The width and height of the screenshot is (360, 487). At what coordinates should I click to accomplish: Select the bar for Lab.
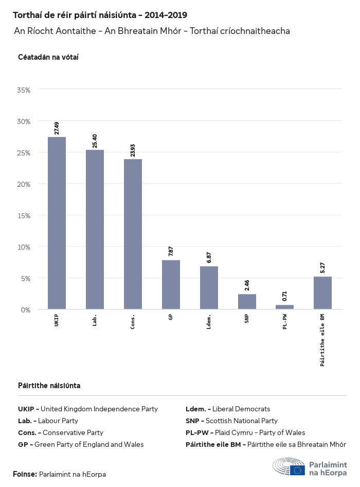[95, 230]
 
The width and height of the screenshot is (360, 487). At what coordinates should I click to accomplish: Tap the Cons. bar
[133, 234]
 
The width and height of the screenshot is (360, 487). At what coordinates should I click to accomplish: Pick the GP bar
[171, 285]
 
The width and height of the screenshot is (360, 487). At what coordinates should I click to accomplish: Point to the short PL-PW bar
[284, 307]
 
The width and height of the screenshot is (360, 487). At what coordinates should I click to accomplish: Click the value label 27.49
[57, 128]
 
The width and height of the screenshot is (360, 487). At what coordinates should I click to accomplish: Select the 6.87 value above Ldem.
[209, 258]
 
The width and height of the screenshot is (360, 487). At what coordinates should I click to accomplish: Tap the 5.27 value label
[322, 268]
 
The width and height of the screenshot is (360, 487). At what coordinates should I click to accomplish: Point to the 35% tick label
[24, 90]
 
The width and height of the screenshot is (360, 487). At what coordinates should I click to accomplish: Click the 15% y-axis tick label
[24, 215]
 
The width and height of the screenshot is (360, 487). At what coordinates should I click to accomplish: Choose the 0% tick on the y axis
[26, 309]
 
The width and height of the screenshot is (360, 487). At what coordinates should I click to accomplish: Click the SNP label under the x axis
[247, 319]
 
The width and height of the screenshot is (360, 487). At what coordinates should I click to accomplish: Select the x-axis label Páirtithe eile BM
[322, 340]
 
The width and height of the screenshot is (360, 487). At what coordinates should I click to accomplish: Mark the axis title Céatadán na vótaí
[48, 57]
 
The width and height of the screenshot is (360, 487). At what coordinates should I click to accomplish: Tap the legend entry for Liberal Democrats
[228, 409]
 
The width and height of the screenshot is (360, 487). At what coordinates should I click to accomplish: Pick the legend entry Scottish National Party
[231, 421]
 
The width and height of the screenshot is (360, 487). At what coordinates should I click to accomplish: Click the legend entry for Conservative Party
[61, 432]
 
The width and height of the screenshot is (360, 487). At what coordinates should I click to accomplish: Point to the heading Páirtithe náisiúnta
[49, 386]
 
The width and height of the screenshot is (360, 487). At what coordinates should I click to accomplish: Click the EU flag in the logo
[297, 469]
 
